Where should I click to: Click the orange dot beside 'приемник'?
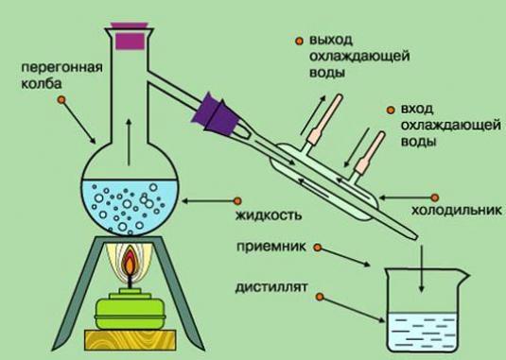click(x=318, y=248)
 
